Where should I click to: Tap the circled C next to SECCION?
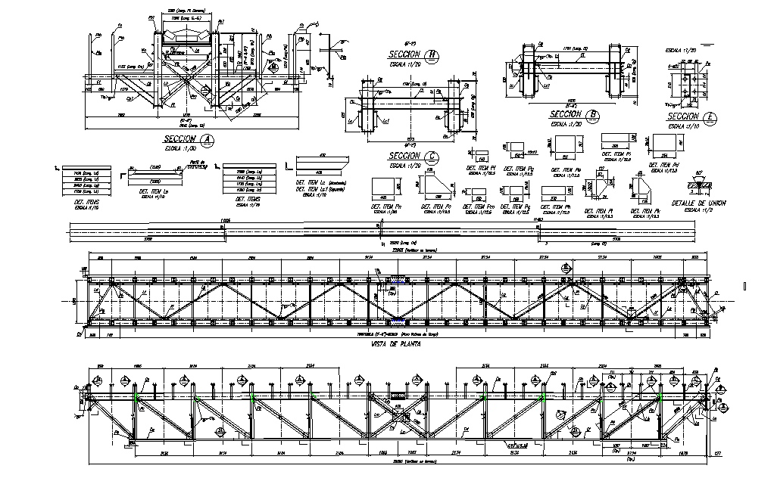tap(432, 157)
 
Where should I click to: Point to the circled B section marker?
tap(594, 115)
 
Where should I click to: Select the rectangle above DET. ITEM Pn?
tap(385, 188)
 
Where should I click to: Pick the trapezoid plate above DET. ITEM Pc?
tap(438, 186)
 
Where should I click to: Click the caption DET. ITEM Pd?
tap(664, 166)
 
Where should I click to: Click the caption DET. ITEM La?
tap(154, 194)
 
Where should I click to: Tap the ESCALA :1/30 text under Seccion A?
tap(181, 148)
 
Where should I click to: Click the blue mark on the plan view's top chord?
tap(398, 284)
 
